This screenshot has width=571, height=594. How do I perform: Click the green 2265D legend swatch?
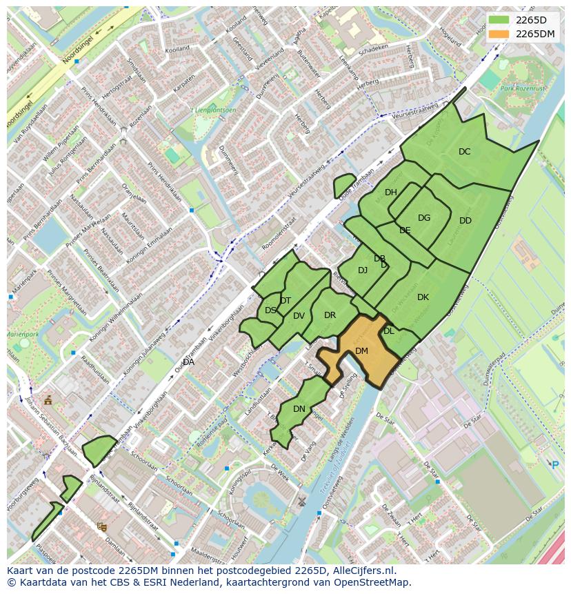click(499, 20)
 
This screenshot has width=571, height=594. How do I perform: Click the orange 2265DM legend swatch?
click(499, 34)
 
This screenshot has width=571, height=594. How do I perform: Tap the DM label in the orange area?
click(361, 351)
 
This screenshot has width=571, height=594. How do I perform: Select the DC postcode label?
click(464, 152)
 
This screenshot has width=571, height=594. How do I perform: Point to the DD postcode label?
click(465, 221)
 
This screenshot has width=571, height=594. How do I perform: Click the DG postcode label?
click(424, 218)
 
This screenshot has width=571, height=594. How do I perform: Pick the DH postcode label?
click(391, 192)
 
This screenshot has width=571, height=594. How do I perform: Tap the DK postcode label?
click(423, 297)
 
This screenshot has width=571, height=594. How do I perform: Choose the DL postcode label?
click(389, 331)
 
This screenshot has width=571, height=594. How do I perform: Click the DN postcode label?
click(299, 409)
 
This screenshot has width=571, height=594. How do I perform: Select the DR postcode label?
click(330, 315)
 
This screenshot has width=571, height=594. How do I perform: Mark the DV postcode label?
click(299, 316)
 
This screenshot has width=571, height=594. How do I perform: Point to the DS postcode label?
click(270, 310)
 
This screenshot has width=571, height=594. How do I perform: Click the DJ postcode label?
click(363, 270)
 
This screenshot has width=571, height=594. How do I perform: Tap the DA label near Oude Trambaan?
click(188, 362)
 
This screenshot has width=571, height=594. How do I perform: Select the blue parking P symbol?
click(555, 465)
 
